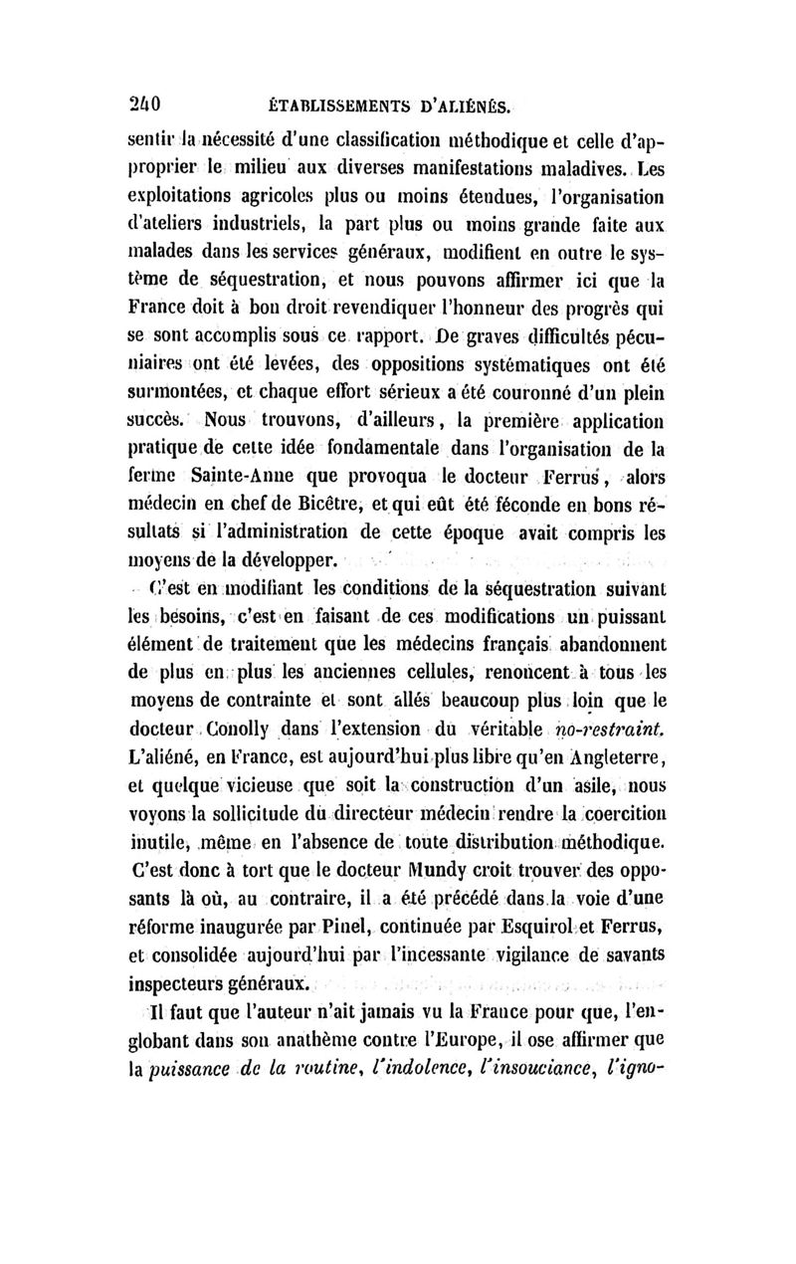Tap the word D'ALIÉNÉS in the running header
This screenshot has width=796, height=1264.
coord(466,102)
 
